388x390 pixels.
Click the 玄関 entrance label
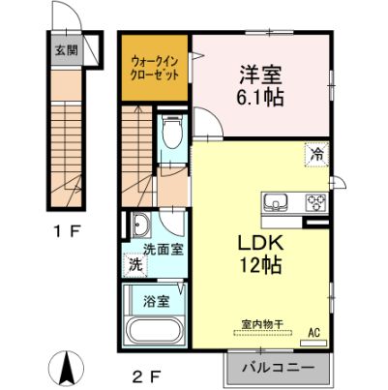point(65,51)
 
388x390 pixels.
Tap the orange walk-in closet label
point(155,67)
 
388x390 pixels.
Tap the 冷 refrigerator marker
point(315,152)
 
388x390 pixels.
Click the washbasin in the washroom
point(141,226)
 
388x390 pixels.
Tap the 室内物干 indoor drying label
point(260,326)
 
